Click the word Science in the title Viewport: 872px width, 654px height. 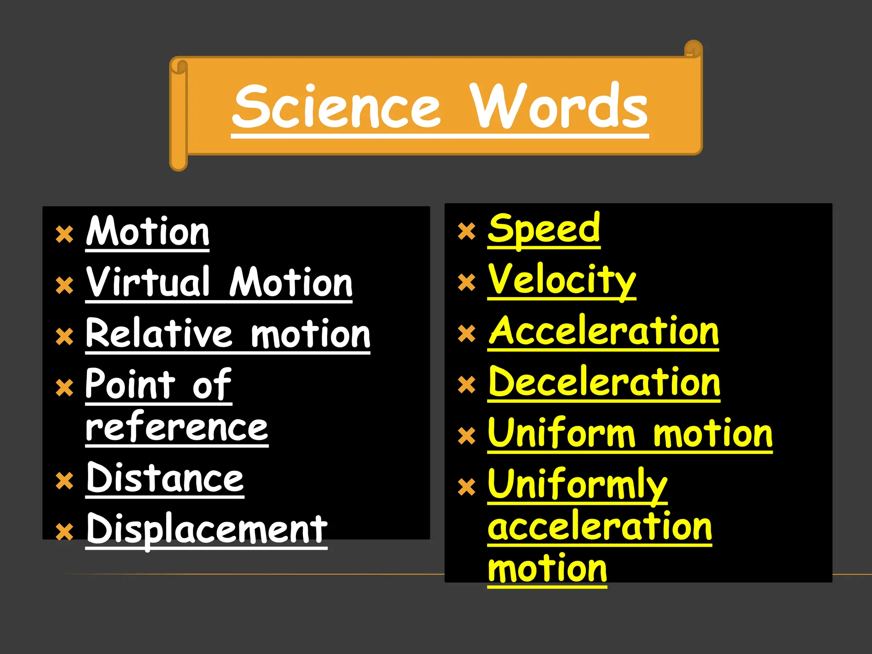(336, 106)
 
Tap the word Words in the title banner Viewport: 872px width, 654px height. (559, 106)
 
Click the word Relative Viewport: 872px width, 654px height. (159, 333)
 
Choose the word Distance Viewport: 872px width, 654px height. (165, 478)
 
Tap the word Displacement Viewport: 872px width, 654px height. (207, 529)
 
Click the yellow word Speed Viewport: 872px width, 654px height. (544, 229)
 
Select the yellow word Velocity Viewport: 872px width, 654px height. (562, 280)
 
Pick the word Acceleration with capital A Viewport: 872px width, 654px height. (603, 331)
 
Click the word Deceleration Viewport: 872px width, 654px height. (604, 382)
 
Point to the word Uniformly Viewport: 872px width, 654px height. (577, 485)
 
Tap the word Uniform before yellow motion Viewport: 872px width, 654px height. (562, 433)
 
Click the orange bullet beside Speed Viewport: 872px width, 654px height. (467, 232)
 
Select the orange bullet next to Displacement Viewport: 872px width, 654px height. (65, 532)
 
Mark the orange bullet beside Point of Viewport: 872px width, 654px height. (65, 387)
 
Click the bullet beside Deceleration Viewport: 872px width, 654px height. (467, 384)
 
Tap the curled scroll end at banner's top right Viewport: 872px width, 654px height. (693, 49)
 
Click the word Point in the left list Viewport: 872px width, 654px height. (130, 384)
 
